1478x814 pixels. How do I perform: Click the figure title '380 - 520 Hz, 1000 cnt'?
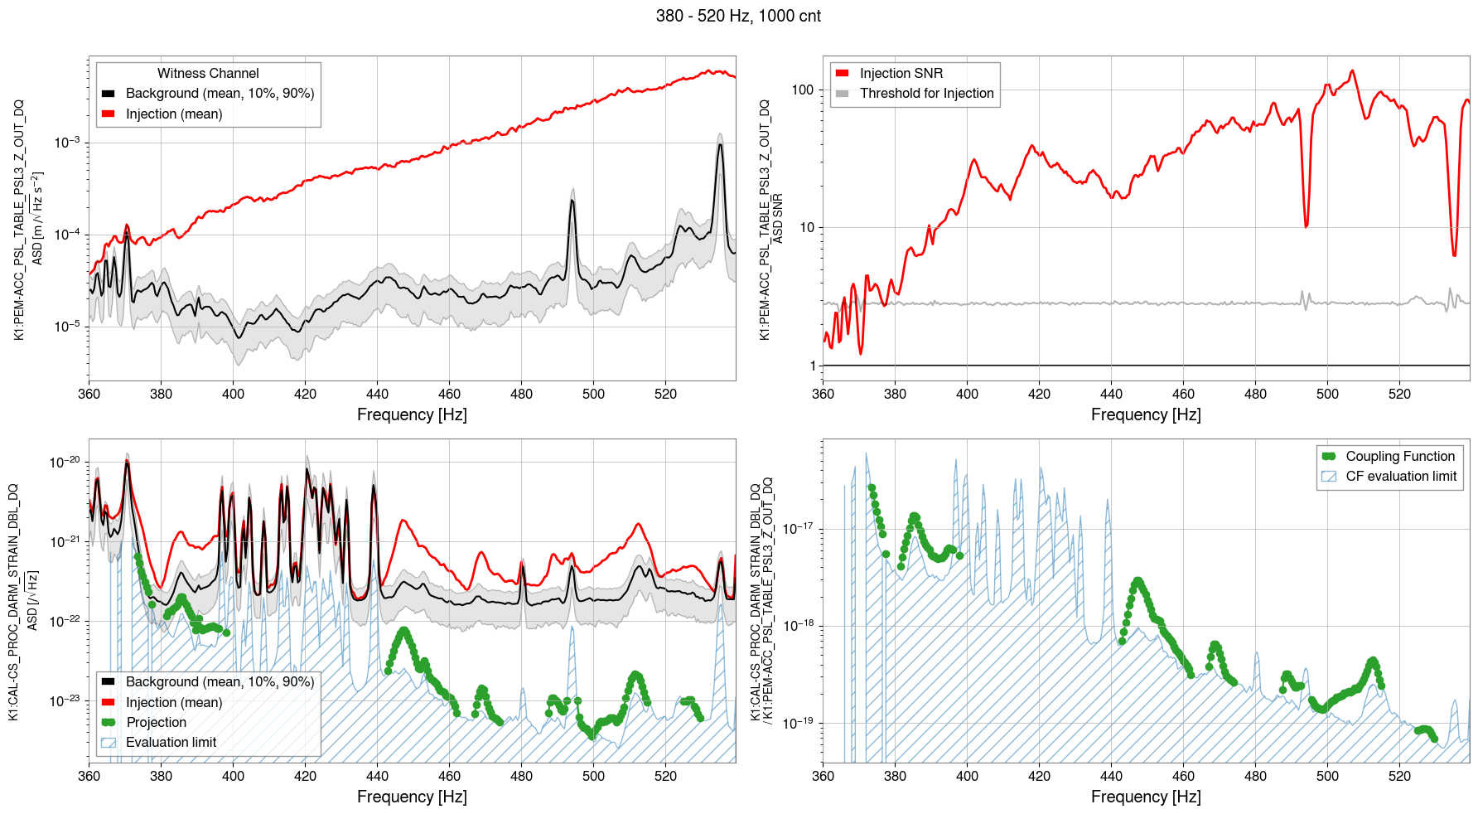pos(738,16)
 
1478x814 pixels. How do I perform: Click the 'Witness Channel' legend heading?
pos(208,74)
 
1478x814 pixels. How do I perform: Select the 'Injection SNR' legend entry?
pos(901,74)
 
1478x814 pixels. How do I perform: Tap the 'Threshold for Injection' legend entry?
pos(926,94)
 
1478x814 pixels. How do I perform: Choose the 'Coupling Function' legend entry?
pos(1399,457)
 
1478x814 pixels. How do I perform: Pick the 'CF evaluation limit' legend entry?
pos(1400,477)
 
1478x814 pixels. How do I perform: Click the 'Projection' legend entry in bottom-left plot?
pos(156,723)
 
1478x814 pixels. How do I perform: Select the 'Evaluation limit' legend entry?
pos(171,743)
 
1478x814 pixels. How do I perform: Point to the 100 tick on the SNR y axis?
pos(803,90)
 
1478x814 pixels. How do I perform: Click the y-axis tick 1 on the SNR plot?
pos(813,366)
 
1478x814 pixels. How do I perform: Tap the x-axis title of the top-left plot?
pos(412,414)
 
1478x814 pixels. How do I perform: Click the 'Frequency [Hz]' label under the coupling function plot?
pos(1146,797)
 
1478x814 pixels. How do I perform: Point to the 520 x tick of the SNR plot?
pos(1399,394)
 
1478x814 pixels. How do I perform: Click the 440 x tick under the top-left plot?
pos(377,394)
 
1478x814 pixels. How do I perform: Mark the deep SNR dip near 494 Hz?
pos(1307,225)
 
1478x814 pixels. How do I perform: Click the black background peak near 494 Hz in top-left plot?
pos(572,201)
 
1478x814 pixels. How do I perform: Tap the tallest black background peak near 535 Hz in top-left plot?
pos(720,145)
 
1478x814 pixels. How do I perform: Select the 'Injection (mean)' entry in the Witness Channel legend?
pos(174,114)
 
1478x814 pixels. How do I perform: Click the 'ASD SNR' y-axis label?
pos(777,219)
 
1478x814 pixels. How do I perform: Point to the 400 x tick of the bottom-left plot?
pos(233,776)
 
